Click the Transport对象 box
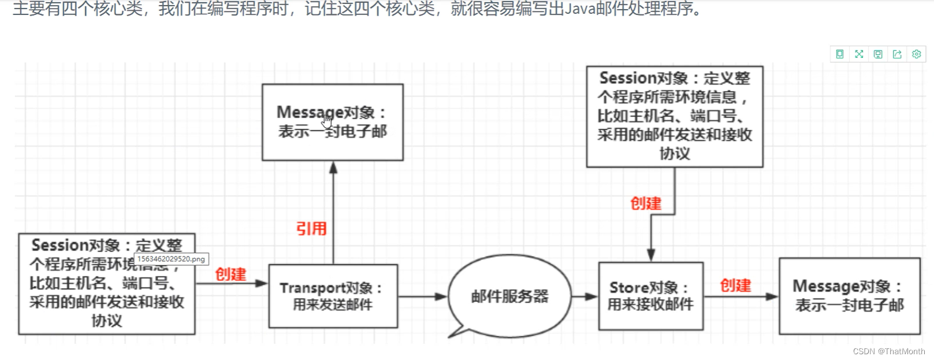pyautogui.click(x=333, y=296)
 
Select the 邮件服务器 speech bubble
pyautogui.click(x=509, y=296)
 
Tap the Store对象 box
pyautogui.click(x=650, y=296)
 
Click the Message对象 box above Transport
pyautogui.click(x=333, y=122)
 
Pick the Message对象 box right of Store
pyautogui.click(x=849, y=296)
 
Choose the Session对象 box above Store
pyautogui.click(x=675, y=116)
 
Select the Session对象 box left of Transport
pyautogui.click(x=107, y=284)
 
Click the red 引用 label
pyautogui.click(x=311, y=229)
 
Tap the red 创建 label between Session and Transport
pyautogui.click(x=230, y=274)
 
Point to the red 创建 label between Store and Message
pyautogui.click(x=735, y=285)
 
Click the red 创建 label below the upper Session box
pyautogui.click(x=646, y=203)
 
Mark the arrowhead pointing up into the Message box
pyautogui.click(x=333, y=168)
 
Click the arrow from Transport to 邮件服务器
pyautogui.click(x=422, y=296)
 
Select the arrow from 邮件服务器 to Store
pyautogui.click(x=585, y=296)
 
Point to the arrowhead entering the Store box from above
pyautogui.click(x=651, y=255)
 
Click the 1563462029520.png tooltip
pyautogui.click(x=171, y=259)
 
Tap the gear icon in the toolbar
pyautogui.click(x=916, y=54)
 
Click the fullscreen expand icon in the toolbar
pyautogui.click(x=859, y=54)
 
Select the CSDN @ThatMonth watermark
pyautogui.click(x=889, y=351)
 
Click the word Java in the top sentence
pyautogui.click(x=579, y=9)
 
